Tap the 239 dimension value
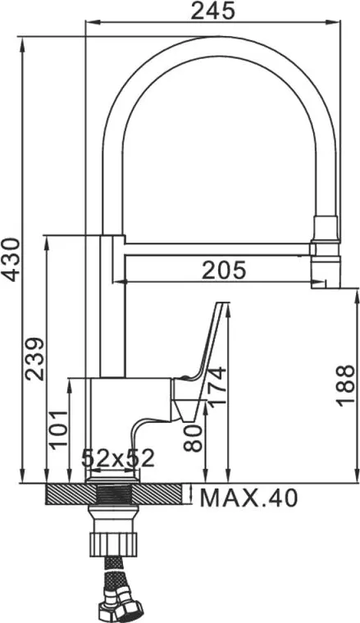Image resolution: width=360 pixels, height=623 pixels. (34, 359)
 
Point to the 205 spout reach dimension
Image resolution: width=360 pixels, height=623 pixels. (224, 271)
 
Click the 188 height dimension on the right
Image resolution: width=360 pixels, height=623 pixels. (345, 385)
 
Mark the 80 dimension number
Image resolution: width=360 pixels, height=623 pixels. (194, 439)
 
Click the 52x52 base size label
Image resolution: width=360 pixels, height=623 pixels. (117, 458)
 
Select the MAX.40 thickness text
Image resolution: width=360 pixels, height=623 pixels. (248, 498)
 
